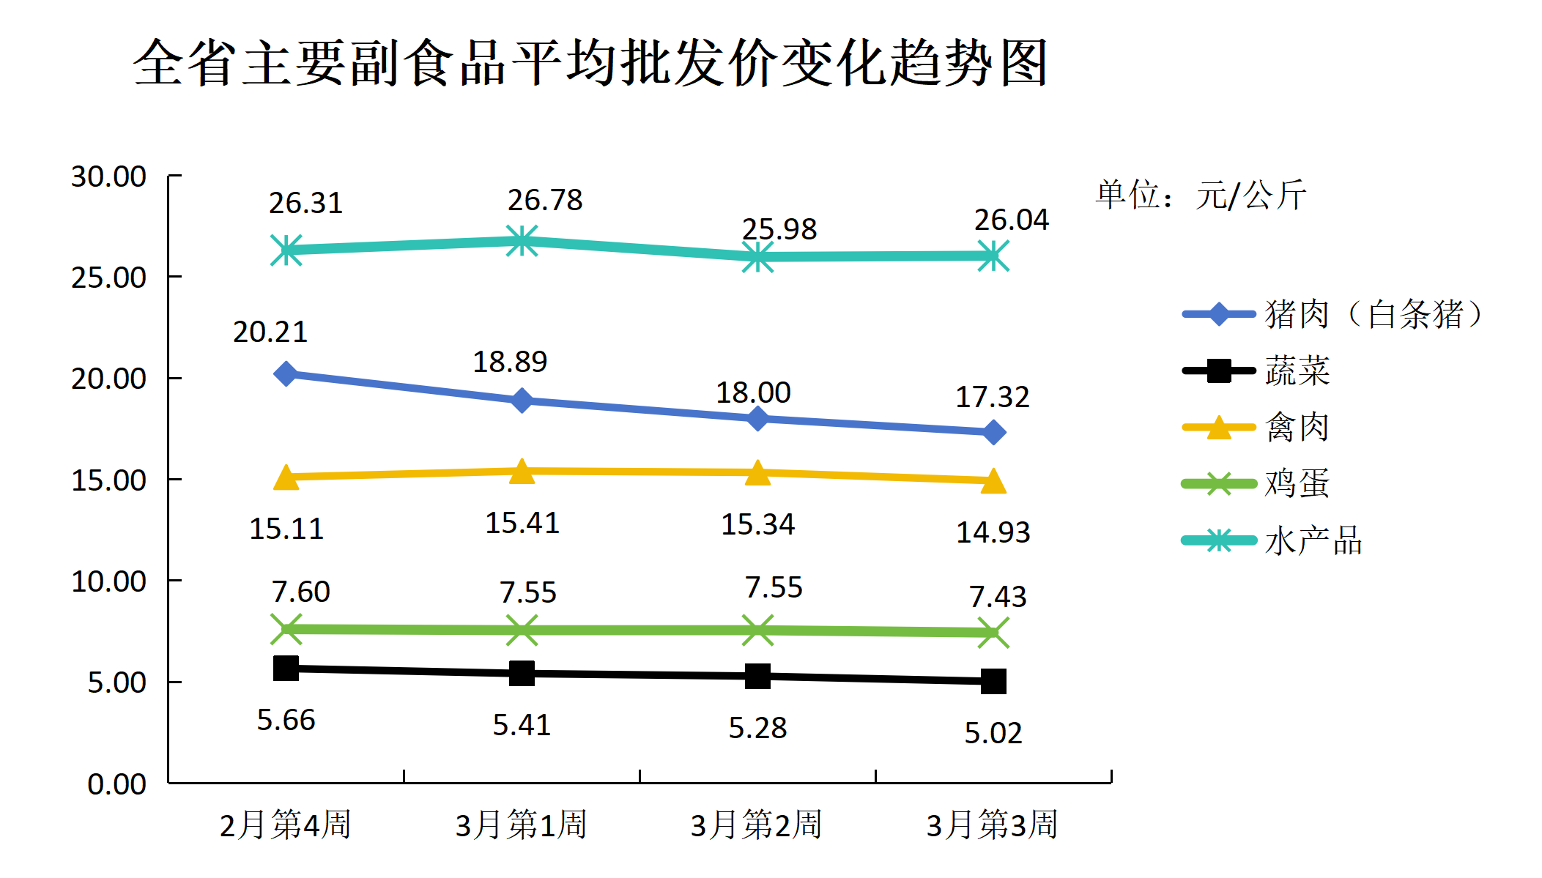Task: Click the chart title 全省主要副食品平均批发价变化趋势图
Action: click(x=590, y=63)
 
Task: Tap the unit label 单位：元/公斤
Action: click(x=1201, y=195)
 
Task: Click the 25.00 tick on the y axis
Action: click(x=108, y=278)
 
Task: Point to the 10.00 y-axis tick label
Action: click(x=108, y=581)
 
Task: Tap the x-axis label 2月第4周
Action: click(x=286, y=825)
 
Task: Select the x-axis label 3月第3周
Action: click(x=993, y=825)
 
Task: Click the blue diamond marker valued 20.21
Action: click(x=286, y=374)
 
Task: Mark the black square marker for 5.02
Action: click(x=993, y=682)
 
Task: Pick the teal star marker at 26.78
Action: click(x=522, y=241)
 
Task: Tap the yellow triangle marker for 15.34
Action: click(x=757, y=473)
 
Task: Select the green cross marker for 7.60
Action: click(x=286, y=629)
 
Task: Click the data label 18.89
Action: click(x=510, y=362)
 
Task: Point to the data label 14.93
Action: click(x=993, y=532)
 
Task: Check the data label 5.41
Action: click(x=522, y=725)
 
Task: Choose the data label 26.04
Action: click(x=1011, y=220)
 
